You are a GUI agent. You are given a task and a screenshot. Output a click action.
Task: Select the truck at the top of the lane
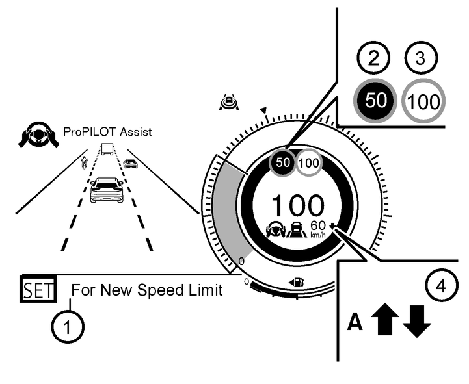point(107,149)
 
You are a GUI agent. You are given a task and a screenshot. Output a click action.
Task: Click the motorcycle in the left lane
point(83,161)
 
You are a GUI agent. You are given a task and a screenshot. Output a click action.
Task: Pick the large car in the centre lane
point(106,190)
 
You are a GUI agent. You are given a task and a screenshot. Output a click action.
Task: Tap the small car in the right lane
point(131,163)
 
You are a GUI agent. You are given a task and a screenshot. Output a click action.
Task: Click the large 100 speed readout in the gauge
point(297,205)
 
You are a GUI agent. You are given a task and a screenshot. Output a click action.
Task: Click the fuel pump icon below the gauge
point(298,282)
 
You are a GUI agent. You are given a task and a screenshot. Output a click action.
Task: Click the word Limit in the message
point(208,290)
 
